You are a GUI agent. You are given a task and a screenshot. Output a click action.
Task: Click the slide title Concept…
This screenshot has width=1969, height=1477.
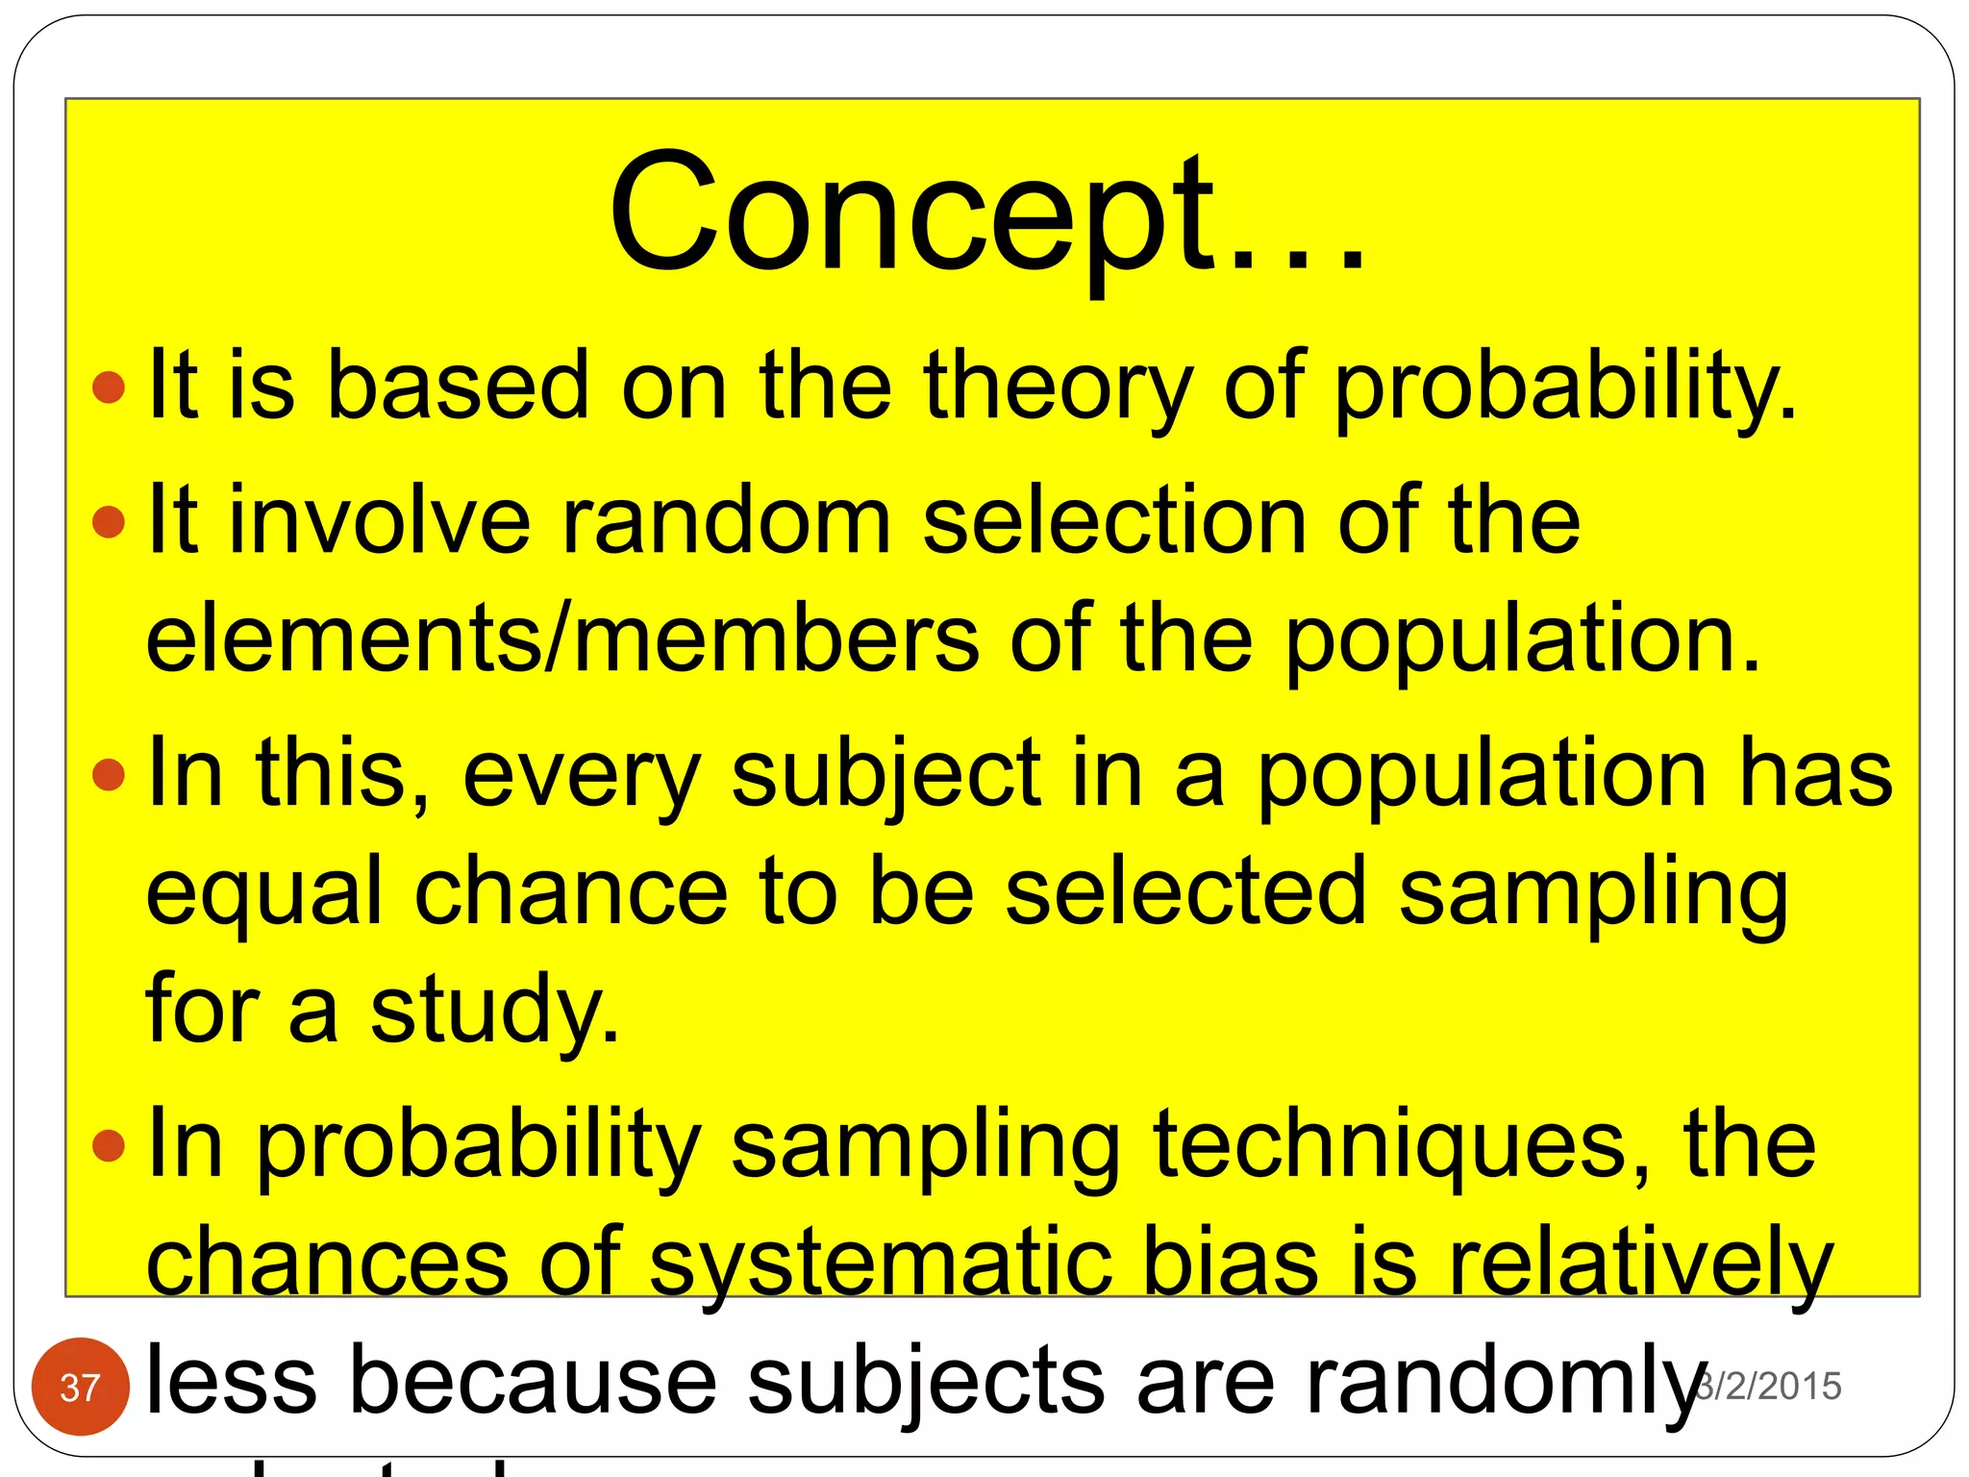[x=986, y=213]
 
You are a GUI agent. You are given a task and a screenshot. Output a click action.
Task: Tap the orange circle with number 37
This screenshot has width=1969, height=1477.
[x=80, y=1387]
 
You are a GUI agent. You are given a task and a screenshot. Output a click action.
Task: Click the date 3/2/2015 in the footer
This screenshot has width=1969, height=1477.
[x=1769, y=1386]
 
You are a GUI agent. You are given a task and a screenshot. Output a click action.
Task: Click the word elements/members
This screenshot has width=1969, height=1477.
[x=562, y=639]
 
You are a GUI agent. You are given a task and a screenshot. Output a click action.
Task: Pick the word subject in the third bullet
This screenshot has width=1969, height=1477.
[x=885, y=775]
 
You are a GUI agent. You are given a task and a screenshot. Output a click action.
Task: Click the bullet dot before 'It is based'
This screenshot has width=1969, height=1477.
[x=109, y=388]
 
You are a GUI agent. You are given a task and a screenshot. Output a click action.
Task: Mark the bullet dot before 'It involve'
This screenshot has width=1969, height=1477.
[x=109, y=522]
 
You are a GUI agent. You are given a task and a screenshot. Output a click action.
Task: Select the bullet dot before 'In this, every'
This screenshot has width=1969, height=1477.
[x=109, y=775]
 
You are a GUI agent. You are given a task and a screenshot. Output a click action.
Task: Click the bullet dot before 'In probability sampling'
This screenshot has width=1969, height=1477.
[x=109, y=1145]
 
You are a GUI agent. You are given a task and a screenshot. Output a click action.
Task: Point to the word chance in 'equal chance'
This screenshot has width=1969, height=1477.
[x=571, y=892]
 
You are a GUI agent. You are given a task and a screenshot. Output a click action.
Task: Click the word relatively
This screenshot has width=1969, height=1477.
[x=1640, y=1263]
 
